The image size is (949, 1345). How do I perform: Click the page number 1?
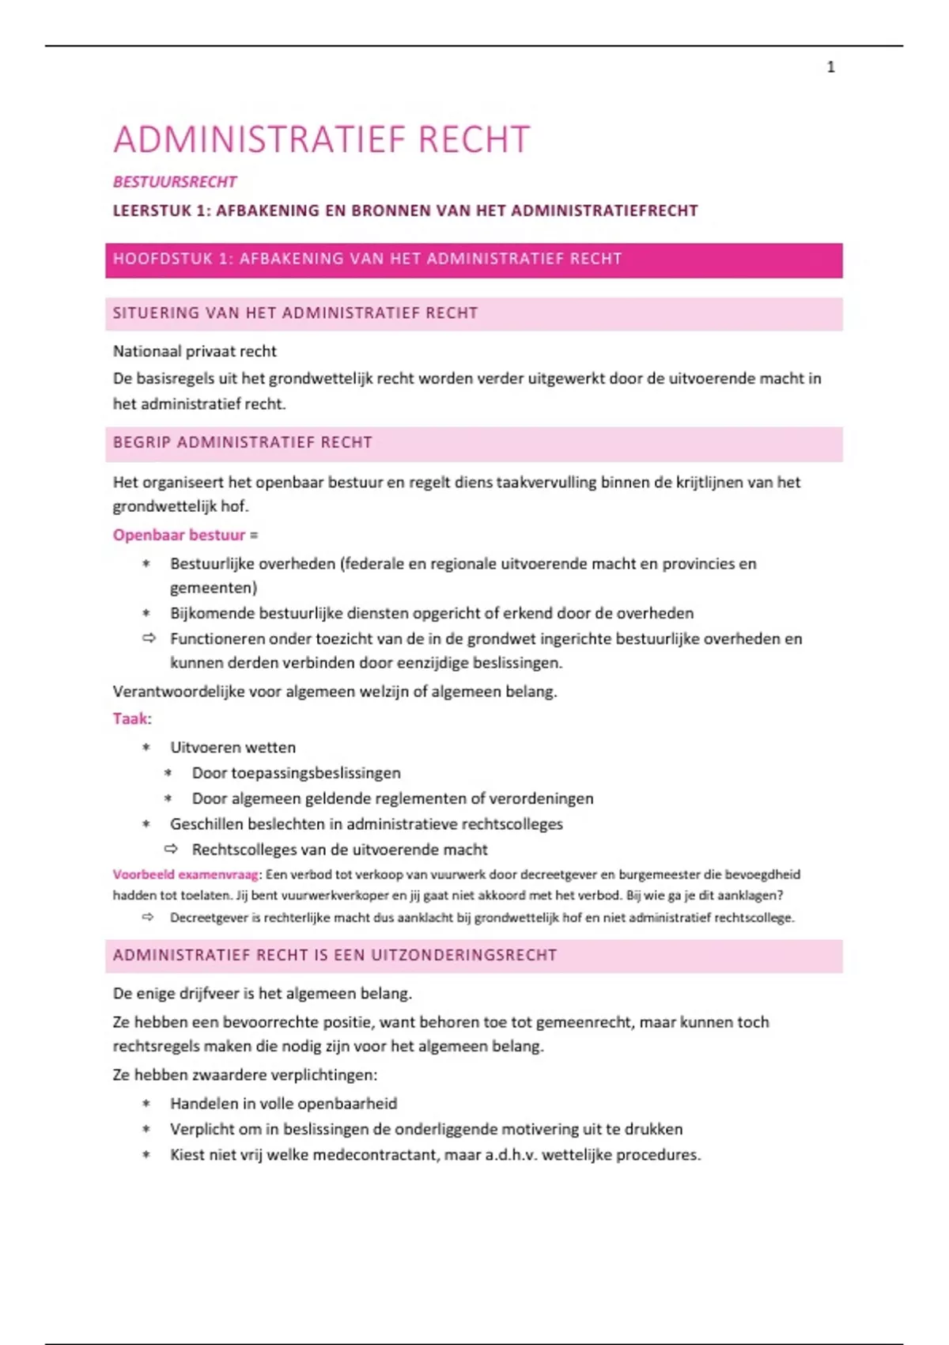[x=830, y=67]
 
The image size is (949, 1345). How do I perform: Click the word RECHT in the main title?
[x=474, y=140]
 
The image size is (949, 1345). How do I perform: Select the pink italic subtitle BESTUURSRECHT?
[x=175, y=182]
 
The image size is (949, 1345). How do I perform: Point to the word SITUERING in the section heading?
[x=156, y=313]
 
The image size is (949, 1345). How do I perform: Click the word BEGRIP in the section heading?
[x=142, y=442]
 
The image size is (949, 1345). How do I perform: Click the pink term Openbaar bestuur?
[x=179, y=535]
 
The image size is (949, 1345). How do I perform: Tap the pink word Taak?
[x=130, y=718]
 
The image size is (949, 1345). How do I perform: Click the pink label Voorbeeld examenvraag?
[x=185, y=874]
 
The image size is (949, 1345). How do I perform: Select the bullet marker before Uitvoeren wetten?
[x=146, y=748]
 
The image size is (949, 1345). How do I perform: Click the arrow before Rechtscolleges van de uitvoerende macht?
[x=171, y=849]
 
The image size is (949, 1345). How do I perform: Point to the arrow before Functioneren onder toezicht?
[x=149, y=638]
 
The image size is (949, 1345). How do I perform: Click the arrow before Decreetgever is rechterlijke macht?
[x=148, y=917]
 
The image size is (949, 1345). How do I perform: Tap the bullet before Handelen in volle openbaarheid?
[x=146, y=1104]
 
